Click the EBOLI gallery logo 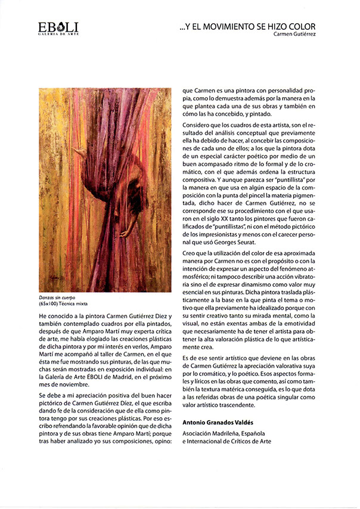pyautogui.click(x=58, y=27)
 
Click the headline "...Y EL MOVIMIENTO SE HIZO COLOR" pyautogui.click(x=247, y=27)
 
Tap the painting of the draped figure pyautogui.click(x=104, y=190)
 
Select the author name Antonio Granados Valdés pyautogui.click(x=221, y=422)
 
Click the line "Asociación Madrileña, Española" pyautogui.click(x=224, y=433)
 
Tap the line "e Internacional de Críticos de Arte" pyautogui.click(x=226, y=441)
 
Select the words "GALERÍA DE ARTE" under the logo pyautogui.click(x=58, y=35)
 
